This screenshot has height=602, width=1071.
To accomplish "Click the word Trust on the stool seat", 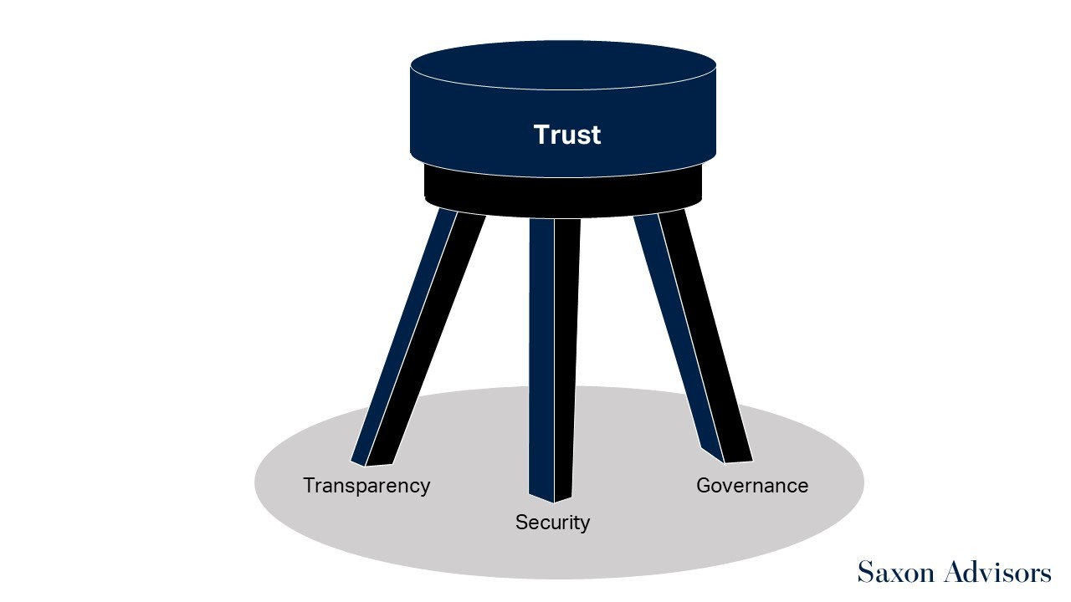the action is [x=567, y=135].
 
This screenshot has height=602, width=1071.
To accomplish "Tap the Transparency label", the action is [x=366, y=487].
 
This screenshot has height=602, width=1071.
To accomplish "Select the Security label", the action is [x=553, y=523].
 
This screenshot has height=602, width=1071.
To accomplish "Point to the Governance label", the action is [x=752, y=486].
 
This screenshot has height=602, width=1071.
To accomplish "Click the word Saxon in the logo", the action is [x=895, y=572].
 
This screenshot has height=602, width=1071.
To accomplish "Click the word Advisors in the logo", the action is [x=997, y=572].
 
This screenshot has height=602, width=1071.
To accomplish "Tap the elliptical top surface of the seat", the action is [x=563, y=65].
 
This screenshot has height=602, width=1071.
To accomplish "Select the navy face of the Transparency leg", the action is [x=404, y=337].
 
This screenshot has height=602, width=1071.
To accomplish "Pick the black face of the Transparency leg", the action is [x=426, y=339].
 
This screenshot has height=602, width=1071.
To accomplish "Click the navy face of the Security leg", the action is [x=541, y=359].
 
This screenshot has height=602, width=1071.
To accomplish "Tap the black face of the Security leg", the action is [x=567, y=359].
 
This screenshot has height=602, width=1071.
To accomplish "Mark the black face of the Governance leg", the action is [x=705, y=334].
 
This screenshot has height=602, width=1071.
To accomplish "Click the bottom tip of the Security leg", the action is [x=554, y=503].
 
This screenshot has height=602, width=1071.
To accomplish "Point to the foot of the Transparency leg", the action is [x=372, y=462].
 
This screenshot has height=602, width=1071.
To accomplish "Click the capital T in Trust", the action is [x=542, y=135].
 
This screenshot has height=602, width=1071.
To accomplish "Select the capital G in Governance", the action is [x=705, y=486].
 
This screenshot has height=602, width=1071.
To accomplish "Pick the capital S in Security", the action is [x=522, y=523].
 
